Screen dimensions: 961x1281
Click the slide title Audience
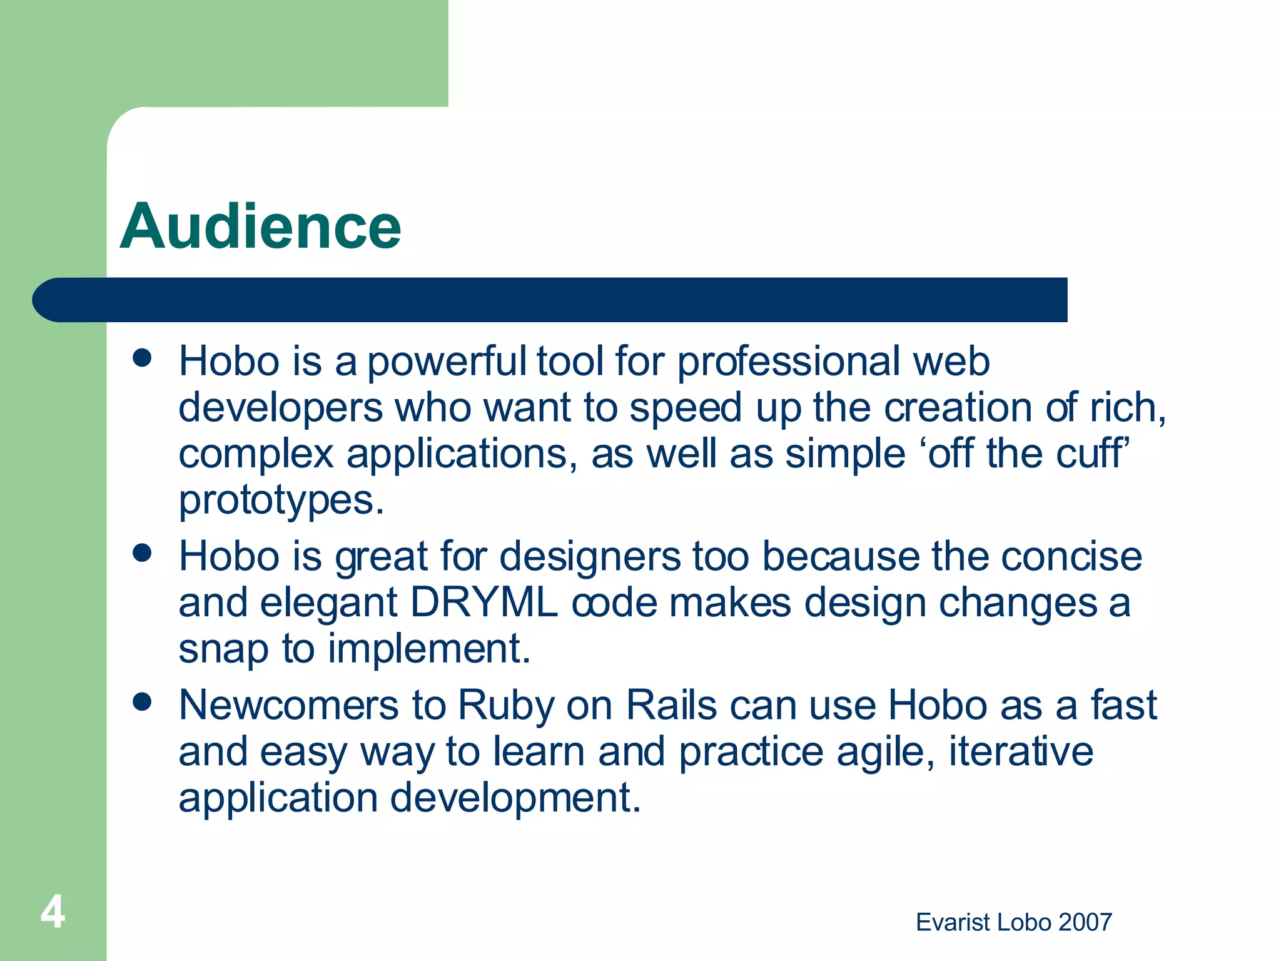(x=260, y=226)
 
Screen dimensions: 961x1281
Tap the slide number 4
(x=53, y=912)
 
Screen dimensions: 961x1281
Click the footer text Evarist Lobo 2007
(x=1013, y=922)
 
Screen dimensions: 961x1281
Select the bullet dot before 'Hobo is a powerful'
(x=143, y=358)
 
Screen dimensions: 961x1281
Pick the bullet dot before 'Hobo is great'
(x=143, y=553)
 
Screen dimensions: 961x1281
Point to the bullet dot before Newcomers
(x=143, y=702)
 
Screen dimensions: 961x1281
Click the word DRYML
(x=484, y=603)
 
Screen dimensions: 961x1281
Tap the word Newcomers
(x=288, y=705)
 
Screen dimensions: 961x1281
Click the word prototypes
(x=280, y=501)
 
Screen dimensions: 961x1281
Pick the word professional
(x=788, y=362)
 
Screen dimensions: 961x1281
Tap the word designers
(x=590, y=557)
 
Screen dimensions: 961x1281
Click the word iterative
(x=1021, y=751)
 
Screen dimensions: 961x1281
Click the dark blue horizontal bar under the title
(x=550, y=300)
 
